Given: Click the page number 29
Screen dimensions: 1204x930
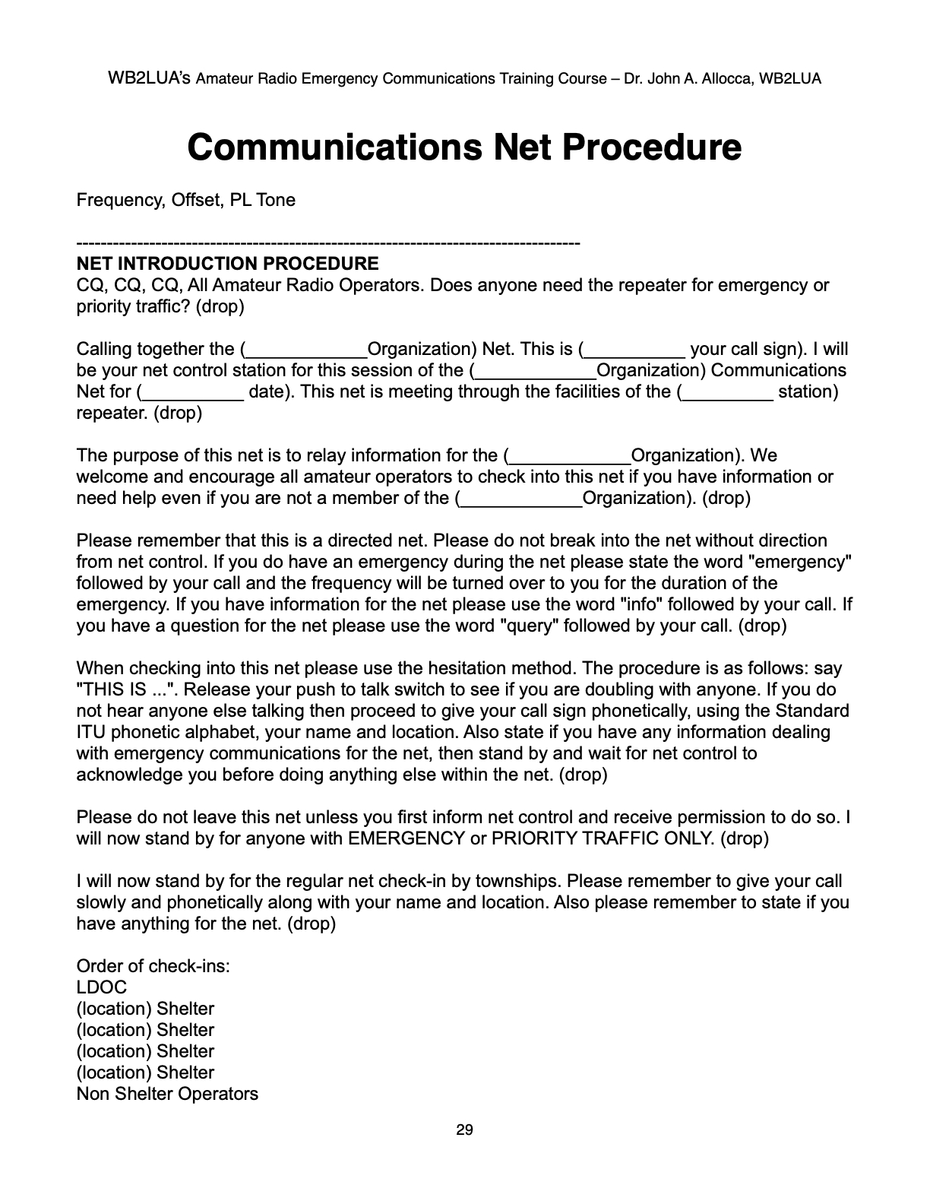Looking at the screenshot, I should click(x=464, y=1130).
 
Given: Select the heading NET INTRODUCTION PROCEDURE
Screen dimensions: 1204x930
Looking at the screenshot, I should click(x=227, y=264).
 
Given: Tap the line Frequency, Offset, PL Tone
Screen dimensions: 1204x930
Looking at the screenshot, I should click(x=186, y=200).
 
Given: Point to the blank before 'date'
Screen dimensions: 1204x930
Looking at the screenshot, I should click(x=193, y=393).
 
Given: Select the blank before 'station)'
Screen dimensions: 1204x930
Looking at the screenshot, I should click(x=727, y=393).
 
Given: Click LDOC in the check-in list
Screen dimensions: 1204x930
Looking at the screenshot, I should click(x=102, y=987).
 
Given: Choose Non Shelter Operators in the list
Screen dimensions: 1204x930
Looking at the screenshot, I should click(x=167, y=1094).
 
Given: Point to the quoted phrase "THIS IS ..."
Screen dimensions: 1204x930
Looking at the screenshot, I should click(x=127, y=689).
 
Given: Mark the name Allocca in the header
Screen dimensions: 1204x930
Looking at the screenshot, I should click(x=726, y=78).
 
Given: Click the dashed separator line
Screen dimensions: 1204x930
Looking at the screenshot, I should click(x=328, y=243).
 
